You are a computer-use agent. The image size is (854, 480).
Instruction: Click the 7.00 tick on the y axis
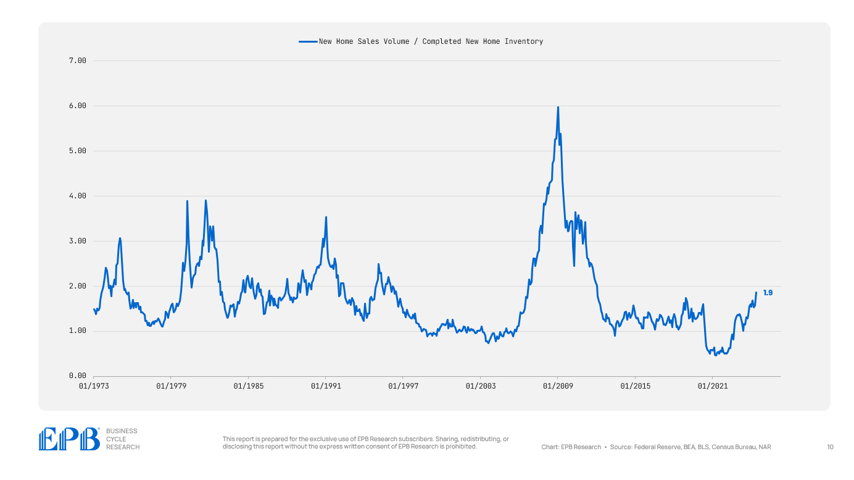click(77, 61)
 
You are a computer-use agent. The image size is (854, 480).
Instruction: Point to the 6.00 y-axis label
click(77, 106)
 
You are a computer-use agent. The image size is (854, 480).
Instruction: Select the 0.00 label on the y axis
click(77, 376)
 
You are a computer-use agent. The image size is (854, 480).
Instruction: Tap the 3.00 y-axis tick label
click(77, 241)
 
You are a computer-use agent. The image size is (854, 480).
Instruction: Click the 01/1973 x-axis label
click(94, 386)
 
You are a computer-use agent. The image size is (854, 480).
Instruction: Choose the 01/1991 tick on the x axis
click(326, 386)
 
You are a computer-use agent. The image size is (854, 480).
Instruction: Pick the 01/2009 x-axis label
click(558, 386)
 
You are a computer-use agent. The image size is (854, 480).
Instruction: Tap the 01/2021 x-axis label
click(712, 386)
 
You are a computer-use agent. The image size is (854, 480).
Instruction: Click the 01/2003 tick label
click(480, 386)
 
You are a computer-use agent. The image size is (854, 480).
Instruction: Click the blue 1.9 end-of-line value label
click(768, 293)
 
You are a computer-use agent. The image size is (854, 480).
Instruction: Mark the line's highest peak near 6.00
click(558, 107)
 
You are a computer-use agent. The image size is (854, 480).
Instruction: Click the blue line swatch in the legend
click(308, 41)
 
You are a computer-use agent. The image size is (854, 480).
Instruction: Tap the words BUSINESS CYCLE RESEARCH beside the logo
click(123, 439)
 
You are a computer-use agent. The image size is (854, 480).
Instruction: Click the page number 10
click(830, 447)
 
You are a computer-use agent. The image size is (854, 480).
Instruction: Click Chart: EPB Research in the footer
click(571, 447)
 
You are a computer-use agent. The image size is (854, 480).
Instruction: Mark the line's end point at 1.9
click(756, 293)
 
